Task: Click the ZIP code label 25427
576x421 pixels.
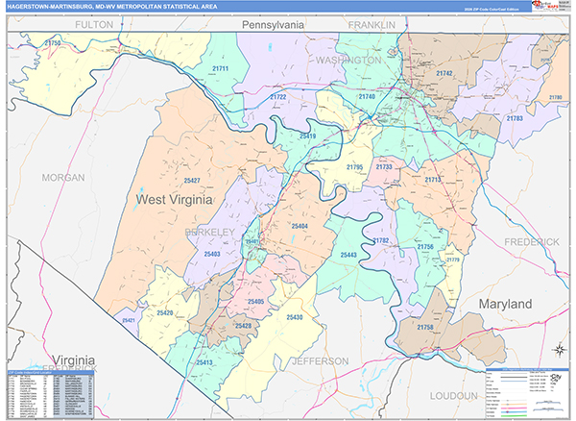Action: pos(192,181)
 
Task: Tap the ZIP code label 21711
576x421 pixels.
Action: pos(220,69)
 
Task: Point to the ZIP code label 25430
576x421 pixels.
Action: pos(294,317)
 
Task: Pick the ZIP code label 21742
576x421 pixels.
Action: pos(444,73)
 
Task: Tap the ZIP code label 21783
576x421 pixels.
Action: pos(515,117)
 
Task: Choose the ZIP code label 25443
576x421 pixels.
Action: pos(349,255)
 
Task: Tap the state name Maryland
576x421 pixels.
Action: pos(506,304)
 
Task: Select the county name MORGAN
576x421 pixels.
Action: pos(63,178)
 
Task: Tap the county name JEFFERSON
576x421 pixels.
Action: pos(319,361)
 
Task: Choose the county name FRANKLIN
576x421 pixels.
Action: pos(372,23)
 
